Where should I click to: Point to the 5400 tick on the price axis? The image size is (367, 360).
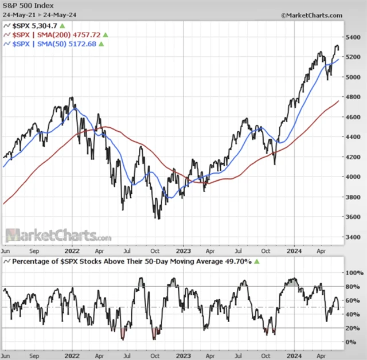click(x=353, y=37)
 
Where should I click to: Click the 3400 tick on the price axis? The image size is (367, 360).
click(x=353, y=237)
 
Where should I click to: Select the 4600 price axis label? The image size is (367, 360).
click(x=353, y=117)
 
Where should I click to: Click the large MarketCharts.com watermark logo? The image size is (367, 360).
click(x=58, y=235)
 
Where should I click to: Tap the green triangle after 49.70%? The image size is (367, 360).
click(x=257, y=261)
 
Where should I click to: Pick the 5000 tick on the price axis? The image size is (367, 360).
click(x=353, y=77)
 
